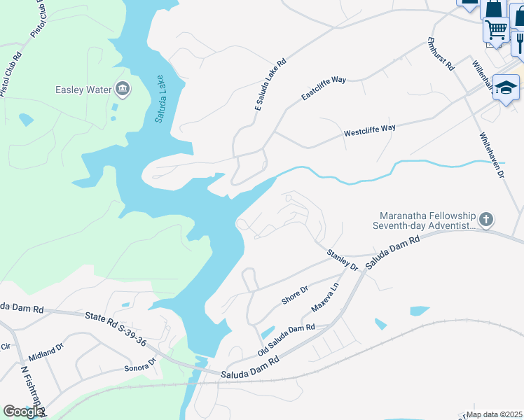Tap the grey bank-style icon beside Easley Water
point(123,88)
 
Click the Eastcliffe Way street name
point(324,89)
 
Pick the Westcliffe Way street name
point(369,130)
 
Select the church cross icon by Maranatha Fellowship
point(487,220)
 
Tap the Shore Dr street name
point(295,295)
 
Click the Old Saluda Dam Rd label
point(286,337)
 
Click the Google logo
point(23,411)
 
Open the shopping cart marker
point(496,30)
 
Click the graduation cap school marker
point(506,87)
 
